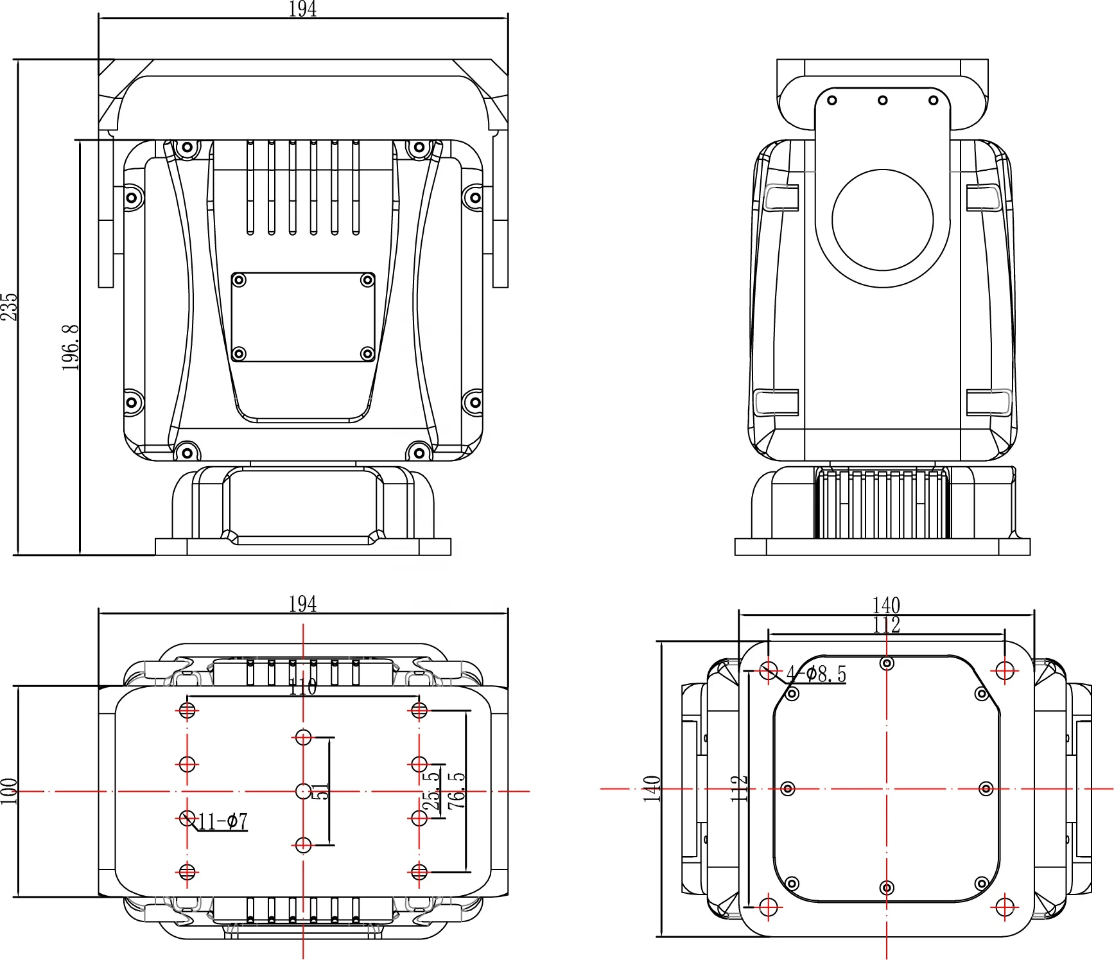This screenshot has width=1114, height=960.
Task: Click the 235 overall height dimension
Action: [x=9, y=307]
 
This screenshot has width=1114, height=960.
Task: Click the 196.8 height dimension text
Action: [x=71, y=347]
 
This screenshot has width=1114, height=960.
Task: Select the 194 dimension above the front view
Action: [x=302, y=9]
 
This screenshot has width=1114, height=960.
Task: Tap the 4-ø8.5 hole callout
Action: [x=817, y=674]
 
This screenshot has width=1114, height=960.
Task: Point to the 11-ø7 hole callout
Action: [x=223, y=821]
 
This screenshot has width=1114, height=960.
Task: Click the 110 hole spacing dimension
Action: [x=302, y=687]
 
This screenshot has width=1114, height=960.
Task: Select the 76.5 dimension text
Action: [x=457, y=790]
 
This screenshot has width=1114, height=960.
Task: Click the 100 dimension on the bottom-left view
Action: [x=8, y=791]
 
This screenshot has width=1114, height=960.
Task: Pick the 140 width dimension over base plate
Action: [x=886, y=605]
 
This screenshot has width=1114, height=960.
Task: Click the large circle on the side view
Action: [x=882, y=220]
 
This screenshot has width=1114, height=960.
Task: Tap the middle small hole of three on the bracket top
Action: [x=883, y=100]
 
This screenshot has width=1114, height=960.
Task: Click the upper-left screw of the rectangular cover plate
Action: [x=239, y=280]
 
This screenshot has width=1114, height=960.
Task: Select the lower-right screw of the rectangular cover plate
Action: [x=367, y=353]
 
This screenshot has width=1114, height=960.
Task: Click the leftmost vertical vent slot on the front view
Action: [x=250, y=188]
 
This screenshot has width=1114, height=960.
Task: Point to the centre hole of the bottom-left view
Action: [x=303, y=791]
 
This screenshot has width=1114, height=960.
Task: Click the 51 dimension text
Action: [x=322, y=791]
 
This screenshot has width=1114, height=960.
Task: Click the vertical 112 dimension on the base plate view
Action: [x=739, y=788]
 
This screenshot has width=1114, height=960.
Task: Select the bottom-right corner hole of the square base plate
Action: [x=1004, y=907]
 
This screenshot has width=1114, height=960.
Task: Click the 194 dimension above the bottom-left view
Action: [x=302, y=604]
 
